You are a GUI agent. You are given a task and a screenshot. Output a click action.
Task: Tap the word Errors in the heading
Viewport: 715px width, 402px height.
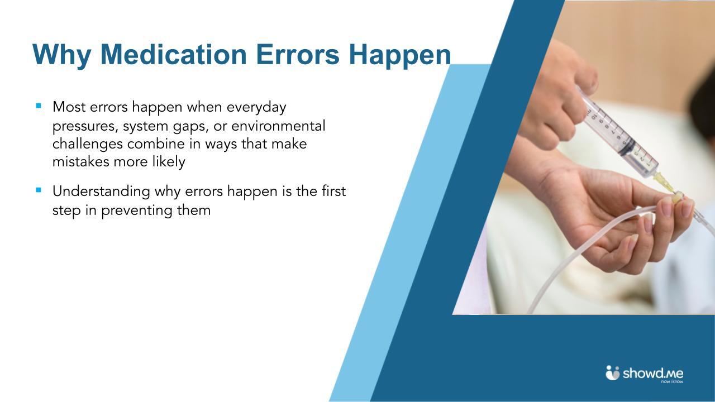point(298,55)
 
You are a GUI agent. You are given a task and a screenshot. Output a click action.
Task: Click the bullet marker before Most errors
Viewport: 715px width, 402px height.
point(39,105)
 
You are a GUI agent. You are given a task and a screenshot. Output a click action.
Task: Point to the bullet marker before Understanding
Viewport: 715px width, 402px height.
point(39,190)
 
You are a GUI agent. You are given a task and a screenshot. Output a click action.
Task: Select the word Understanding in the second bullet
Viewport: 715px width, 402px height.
point(101,192)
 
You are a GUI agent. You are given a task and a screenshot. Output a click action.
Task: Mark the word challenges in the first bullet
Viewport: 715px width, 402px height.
point(87,145)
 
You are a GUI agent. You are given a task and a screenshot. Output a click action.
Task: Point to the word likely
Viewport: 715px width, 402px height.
point(168,162)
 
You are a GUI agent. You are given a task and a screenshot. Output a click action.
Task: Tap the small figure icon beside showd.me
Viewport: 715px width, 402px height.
point(613,372)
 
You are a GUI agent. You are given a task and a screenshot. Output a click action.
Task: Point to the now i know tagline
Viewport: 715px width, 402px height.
point(671,382)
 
